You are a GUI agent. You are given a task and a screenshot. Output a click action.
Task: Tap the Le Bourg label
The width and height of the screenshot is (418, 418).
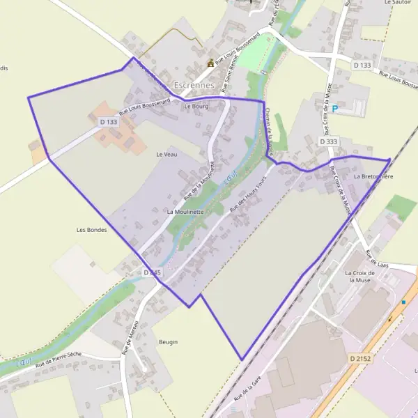196,107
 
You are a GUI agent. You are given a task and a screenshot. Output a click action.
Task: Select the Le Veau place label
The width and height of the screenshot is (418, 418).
167,154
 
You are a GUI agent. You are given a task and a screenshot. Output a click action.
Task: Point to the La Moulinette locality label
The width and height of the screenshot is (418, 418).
185,211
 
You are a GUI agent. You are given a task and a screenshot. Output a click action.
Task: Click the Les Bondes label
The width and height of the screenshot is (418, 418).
91,230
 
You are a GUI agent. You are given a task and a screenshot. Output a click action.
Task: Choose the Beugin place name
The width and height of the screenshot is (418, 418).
168,342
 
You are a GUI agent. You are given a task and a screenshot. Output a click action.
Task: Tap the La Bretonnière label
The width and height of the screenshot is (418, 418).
373,177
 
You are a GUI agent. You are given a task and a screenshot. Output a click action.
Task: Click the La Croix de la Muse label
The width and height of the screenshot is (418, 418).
360,277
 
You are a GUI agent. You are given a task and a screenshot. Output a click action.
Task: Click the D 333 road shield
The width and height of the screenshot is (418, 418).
328,141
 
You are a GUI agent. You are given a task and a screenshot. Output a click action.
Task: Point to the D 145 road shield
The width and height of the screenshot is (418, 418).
152,272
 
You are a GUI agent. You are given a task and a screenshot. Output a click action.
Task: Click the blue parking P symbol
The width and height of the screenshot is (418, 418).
335,109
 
